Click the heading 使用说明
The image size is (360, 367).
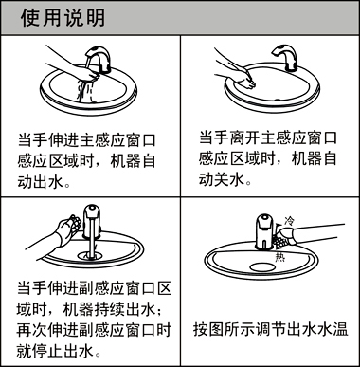click(63, 18)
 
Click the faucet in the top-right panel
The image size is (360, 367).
click(285, 58)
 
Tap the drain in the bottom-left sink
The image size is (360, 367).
click(92, 255)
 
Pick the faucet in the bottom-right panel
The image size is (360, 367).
click(264, 231)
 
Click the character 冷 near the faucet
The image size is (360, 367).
click(289, 220)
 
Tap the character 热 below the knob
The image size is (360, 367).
click(279, 257)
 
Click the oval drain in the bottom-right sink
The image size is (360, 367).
click(262, 267)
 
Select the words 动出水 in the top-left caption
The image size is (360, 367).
click(41, 182)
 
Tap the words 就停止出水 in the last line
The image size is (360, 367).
click(55, 351)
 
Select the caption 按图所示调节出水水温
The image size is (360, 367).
click(271, 329)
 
